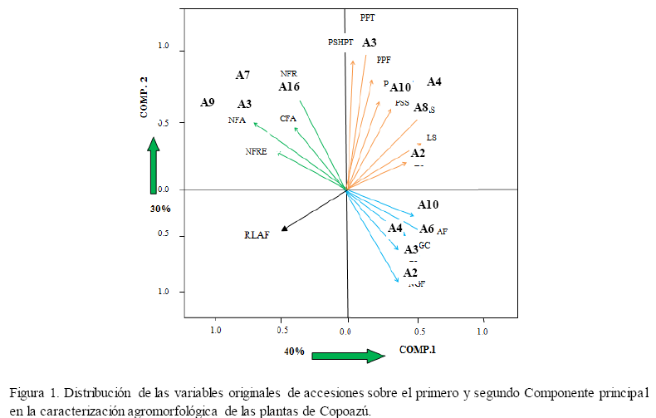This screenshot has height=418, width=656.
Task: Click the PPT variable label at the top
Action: pyautogui.click(x=368, y=17)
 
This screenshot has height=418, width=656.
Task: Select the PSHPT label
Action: pyautogui.click(x=340, y=42)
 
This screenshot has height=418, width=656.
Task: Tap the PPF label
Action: pyautogui.click(x=384, y=60)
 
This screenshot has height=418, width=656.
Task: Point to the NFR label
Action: pyautogui.click(x=289, y=73)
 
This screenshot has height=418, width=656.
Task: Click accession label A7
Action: pyautogui.click(x=242, y=76)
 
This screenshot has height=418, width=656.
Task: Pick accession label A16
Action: pyautogui.click(x=289, y=87)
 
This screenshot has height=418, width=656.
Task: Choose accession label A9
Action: pyautogui.click(x=208, y=103)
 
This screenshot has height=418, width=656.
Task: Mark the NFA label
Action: pyautogui.click(x=237, y=120)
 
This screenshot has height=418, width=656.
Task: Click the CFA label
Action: pyautogui.click(x=288, y=119)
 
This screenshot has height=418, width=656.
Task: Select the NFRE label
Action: pyautogui.click(x=256, y=152)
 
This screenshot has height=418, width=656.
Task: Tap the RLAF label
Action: pyautogui.click(x=257, y=235)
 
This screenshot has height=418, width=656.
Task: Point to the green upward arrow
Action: pyautogui.click(x=154, y=167)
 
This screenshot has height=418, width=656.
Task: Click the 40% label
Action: pyautogui.click(x=294, y=352)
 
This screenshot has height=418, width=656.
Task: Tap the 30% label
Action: pyautogui.click(x=160, y=209)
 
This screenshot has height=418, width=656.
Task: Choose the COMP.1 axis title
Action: pyautogui.click(x=417, y=349)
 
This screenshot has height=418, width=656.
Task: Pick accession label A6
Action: pyautogui.click(x=426, y=229)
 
